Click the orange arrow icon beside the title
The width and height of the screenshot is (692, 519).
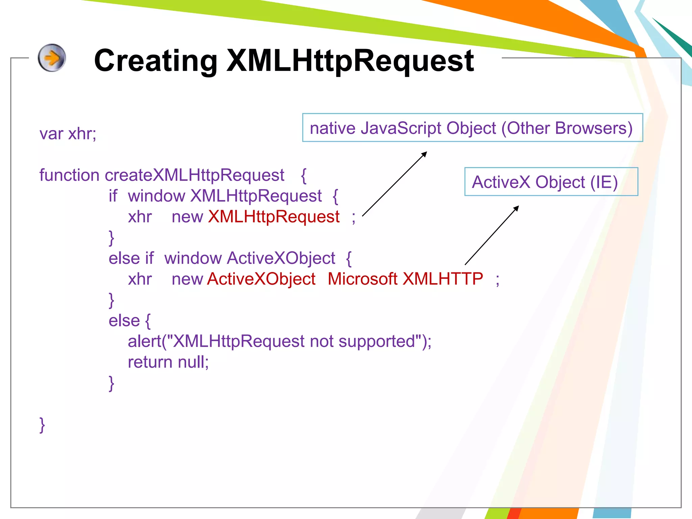click(x=52, y=58)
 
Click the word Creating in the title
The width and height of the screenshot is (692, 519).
click(x=155, y=61)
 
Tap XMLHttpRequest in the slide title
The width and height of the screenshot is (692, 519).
click(x=350, y=61)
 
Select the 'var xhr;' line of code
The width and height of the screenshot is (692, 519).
click(x=68, y=134)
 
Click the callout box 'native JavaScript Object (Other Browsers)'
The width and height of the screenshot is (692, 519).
click(x=472, y=128)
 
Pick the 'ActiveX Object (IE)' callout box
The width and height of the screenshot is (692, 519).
click(x=551, y=182)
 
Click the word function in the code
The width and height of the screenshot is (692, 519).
click(x=69, y=175)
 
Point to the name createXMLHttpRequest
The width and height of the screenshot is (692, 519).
click(x=195, y=175)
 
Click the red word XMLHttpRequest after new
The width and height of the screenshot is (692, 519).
click(x=274, y=217)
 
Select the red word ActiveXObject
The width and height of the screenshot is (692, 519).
click(x=261, y=279)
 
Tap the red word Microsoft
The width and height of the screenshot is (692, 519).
click(x=362, y=279)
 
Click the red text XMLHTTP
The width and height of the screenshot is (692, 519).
click(x=443, y=279)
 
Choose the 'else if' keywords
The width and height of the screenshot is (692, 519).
click(x=131, y=258)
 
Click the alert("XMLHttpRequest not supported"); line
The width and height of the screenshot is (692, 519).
click(x=279, y=341)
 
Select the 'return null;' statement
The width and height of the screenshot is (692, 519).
click(x=168, y=362)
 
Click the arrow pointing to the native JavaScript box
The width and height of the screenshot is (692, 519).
click(x=394, y=184)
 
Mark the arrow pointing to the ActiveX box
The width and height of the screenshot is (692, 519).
click(x=492, y=235)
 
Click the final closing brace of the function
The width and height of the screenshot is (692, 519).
click(x=42, y=425)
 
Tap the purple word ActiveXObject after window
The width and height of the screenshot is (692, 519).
click(x=281, y=258)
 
